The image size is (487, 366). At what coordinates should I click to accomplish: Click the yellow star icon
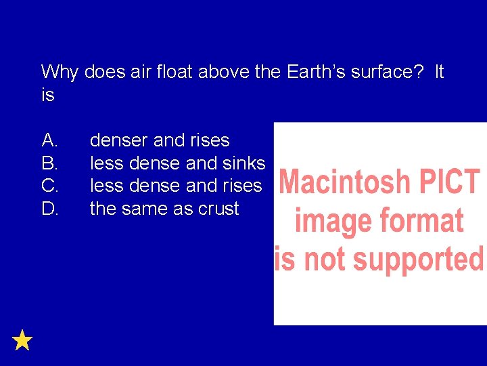22,340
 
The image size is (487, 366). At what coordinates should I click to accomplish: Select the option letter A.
49,140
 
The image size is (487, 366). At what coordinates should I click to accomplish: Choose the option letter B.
49,163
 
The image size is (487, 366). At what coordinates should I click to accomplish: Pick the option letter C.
49,186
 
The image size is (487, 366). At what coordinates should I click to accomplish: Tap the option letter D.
49,209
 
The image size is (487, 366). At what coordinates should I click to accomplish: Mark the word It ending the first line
439,72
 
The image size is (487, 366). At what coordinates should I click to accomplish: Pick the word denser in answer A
119,140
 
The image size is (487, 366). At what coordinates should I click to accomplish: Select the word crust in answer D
218,209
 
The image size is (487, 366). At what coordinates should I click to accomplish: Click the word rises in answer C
241,186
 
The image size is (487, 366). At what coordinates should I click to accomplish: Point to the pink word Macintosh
344,182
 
